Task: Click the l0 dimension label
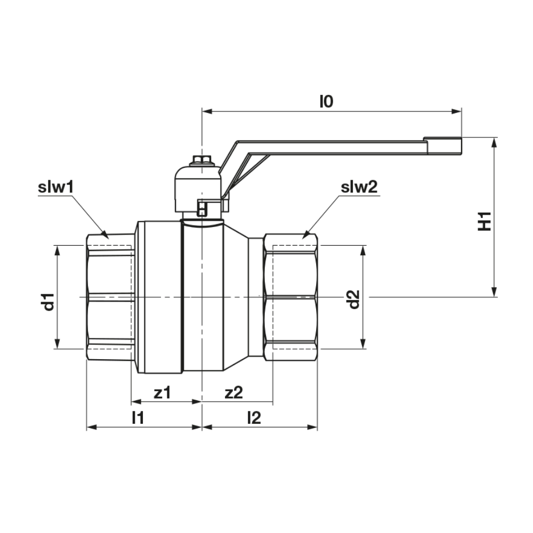click(326, 101)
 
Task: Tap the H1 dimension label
click(484, 221)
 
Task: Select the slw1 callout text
click(56, 187)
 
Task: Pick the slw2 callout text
click(359, 187)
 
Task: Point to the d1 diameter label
click(49, 301)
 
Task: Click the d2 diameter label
click(354, 299)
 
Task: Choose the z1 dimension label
click(162, 393)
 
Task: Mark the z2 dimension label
click(234, 393)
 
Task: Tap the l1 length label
click(138, 418)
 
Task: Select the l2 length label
click(254, 418)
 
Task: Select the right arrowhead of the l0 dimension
click(457, 111)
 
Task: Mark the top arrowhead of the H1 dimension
click(495, 143)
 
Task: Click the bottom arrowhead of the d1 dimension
click(58, 344)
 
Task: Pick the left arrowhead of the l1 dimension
click(92, 427)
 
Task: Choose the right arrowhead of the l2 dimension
click(312, 427)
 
